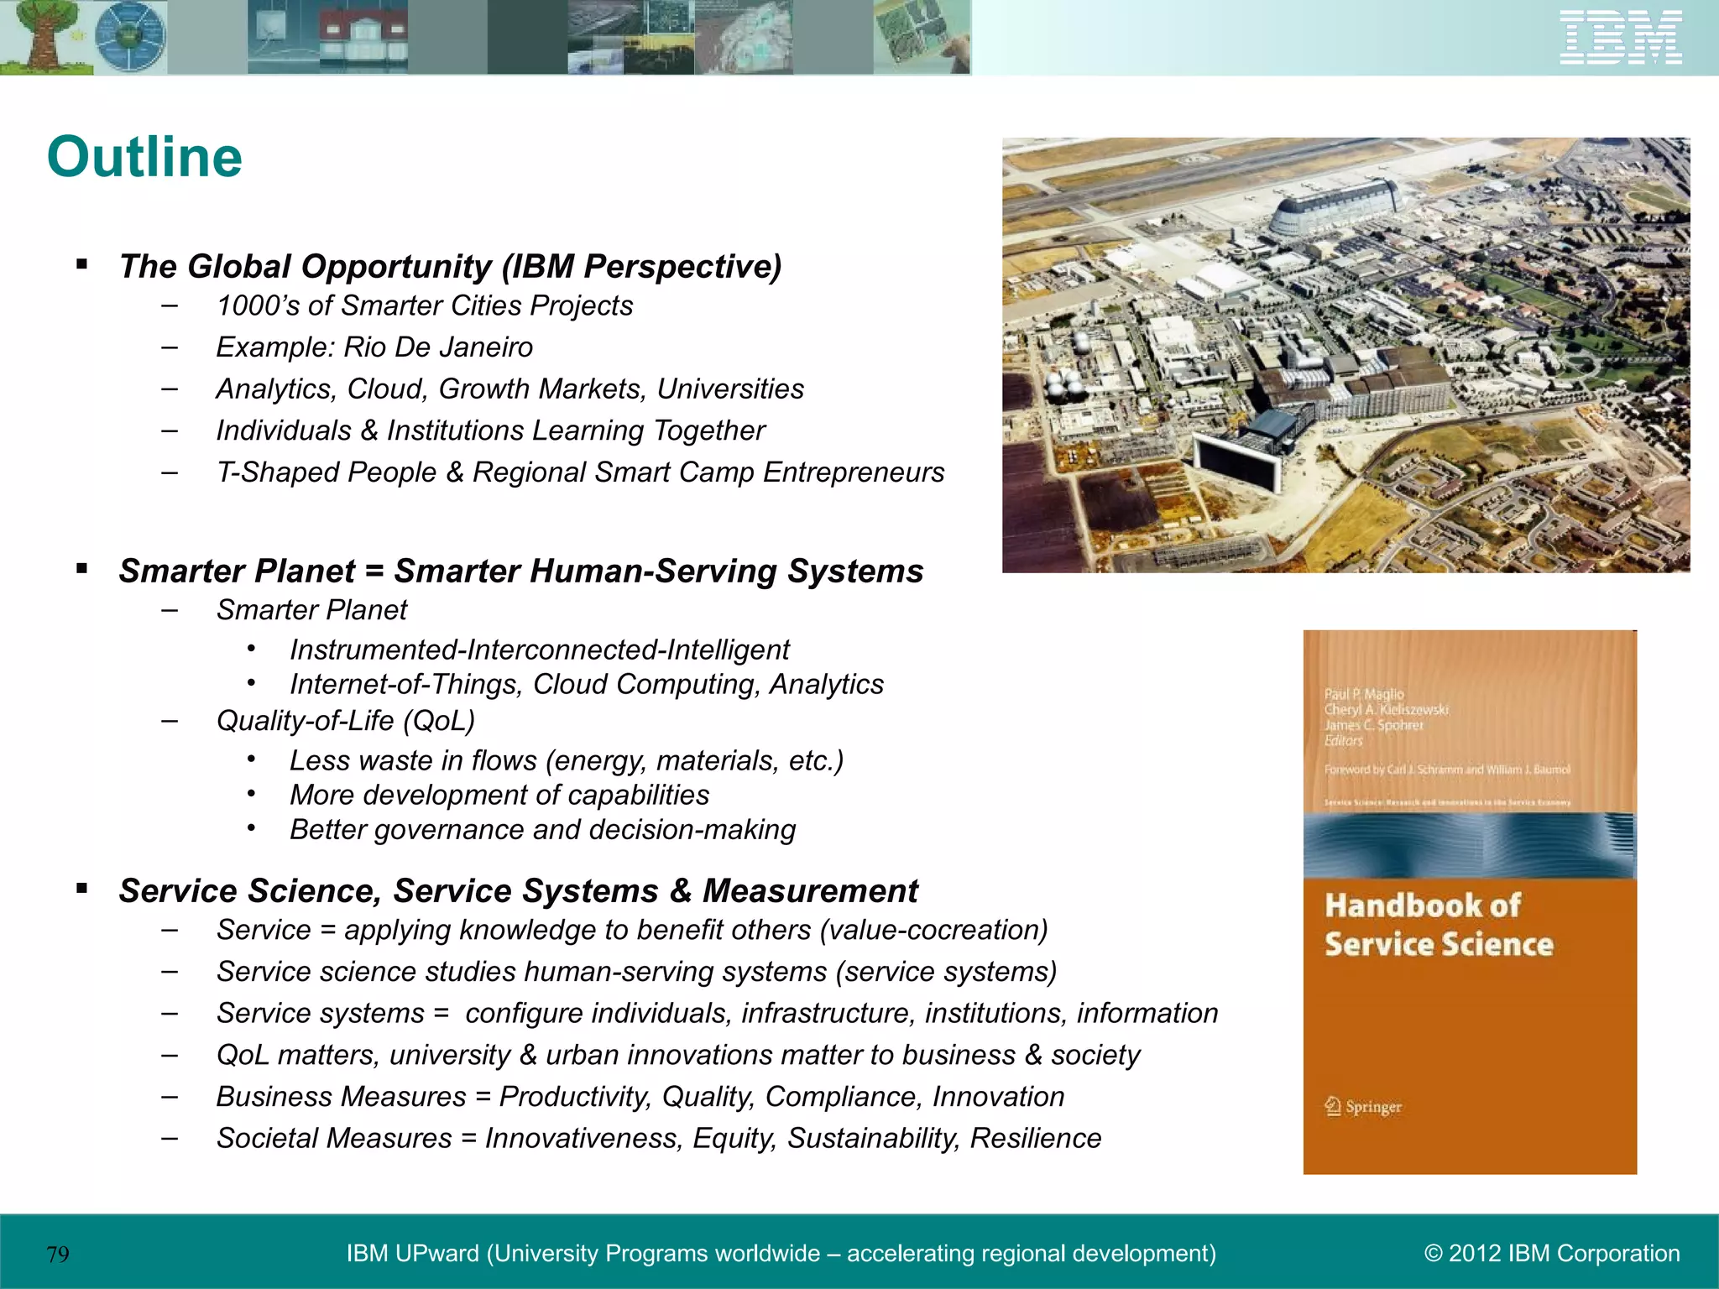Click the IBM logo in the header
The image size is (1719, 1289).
[1620, 38]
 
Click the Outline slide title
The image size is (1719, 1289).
[144, 157]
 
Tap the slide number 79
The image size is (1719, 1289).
[58, 1255]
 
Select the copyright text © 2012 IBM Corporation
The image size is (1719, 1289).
[1552, 1253]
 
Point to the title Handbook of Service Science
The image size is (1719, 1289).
[1438, 925]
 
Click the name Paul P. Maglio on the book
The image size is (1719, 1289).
[1364, 694]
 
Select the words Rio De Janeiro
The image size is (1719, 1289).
[438, 347]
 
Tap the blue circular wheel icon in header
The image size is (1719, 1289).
[129, 38]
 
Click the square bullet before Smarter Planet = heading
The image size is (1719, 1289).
[81, 569]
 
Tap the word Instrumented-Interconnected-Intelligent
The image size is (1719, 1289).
[539, 650]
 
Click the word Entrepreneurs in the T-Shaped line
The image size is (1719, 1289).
[854, 472]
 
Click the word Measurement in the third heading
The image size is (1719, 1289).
[810, 891]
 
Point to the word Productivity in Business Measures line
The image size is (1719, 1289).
[575, 1097]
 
